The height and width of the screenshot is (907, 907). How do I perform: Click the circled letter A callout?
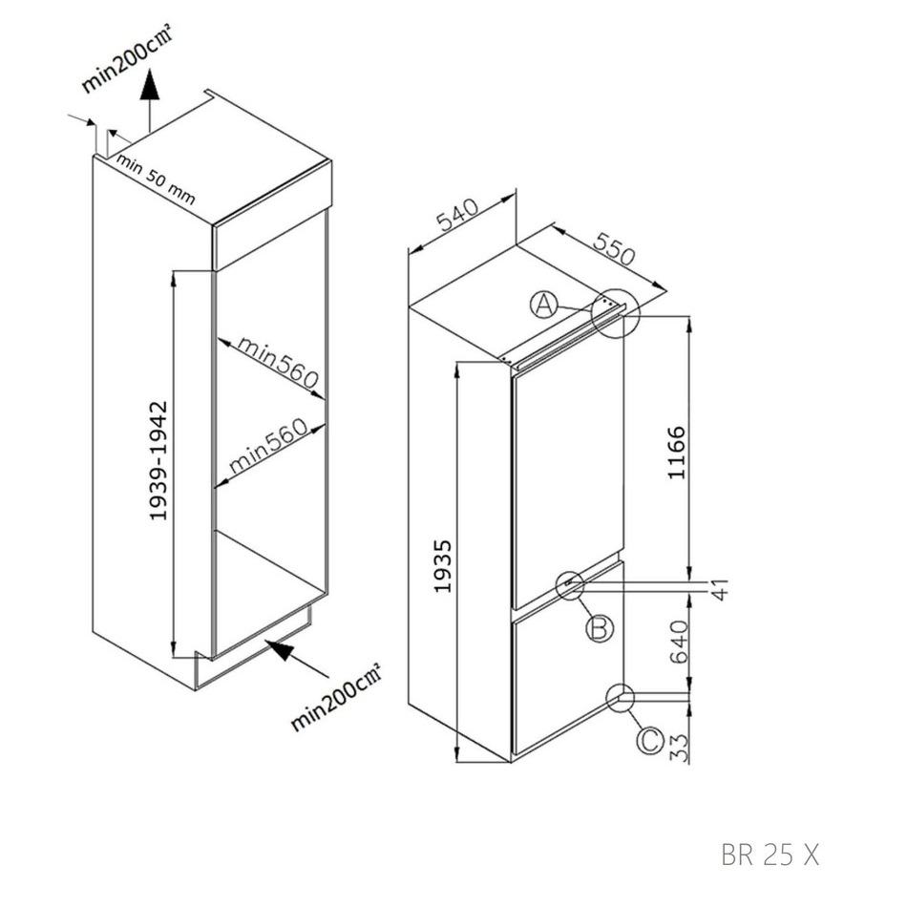click(x=544, y=305)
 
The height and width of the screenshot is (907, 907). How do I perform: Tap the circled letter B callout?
click(x=600, y=627)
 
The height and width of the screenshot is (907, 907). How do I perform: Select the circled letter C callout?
click(x=649, y=741)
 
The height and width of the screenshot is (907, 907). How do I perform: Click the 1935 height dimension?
click(x=442, y=566)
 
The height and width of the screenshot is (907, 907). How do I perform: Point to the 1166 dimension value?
click(x=676, y=453)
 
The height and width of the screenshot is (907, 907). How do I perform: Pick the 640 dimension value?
click(x=679, y=642)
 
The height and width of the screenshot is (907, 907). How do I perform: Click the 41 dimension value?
click(x=720, y=589)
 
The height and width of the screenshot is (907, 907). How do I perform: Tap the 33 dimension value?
click(x=680, y=748)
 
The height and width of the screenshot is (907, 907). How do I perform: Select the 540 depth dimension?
click(x=457, y=214)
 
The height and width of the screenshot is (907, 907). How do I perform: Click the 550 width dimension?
click(x=614, y=249)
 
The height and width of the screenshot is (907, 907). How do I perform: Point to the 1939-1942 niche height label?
click(x=158, y=460)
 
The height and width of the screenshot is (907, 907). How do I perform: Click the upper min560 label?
click(x=278, y=362)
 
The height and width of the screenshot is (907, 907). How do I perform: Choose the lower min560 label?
click(x=268, y=445)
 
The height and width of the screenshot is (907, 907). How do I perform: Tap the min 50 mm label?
click(x=155, y=179)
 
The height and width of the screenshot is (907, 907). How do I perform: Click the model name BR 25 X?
click(x=770, y=854)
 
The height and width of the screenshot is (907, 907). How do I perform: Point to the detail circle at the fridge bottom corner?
click(x=621, y=698)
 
